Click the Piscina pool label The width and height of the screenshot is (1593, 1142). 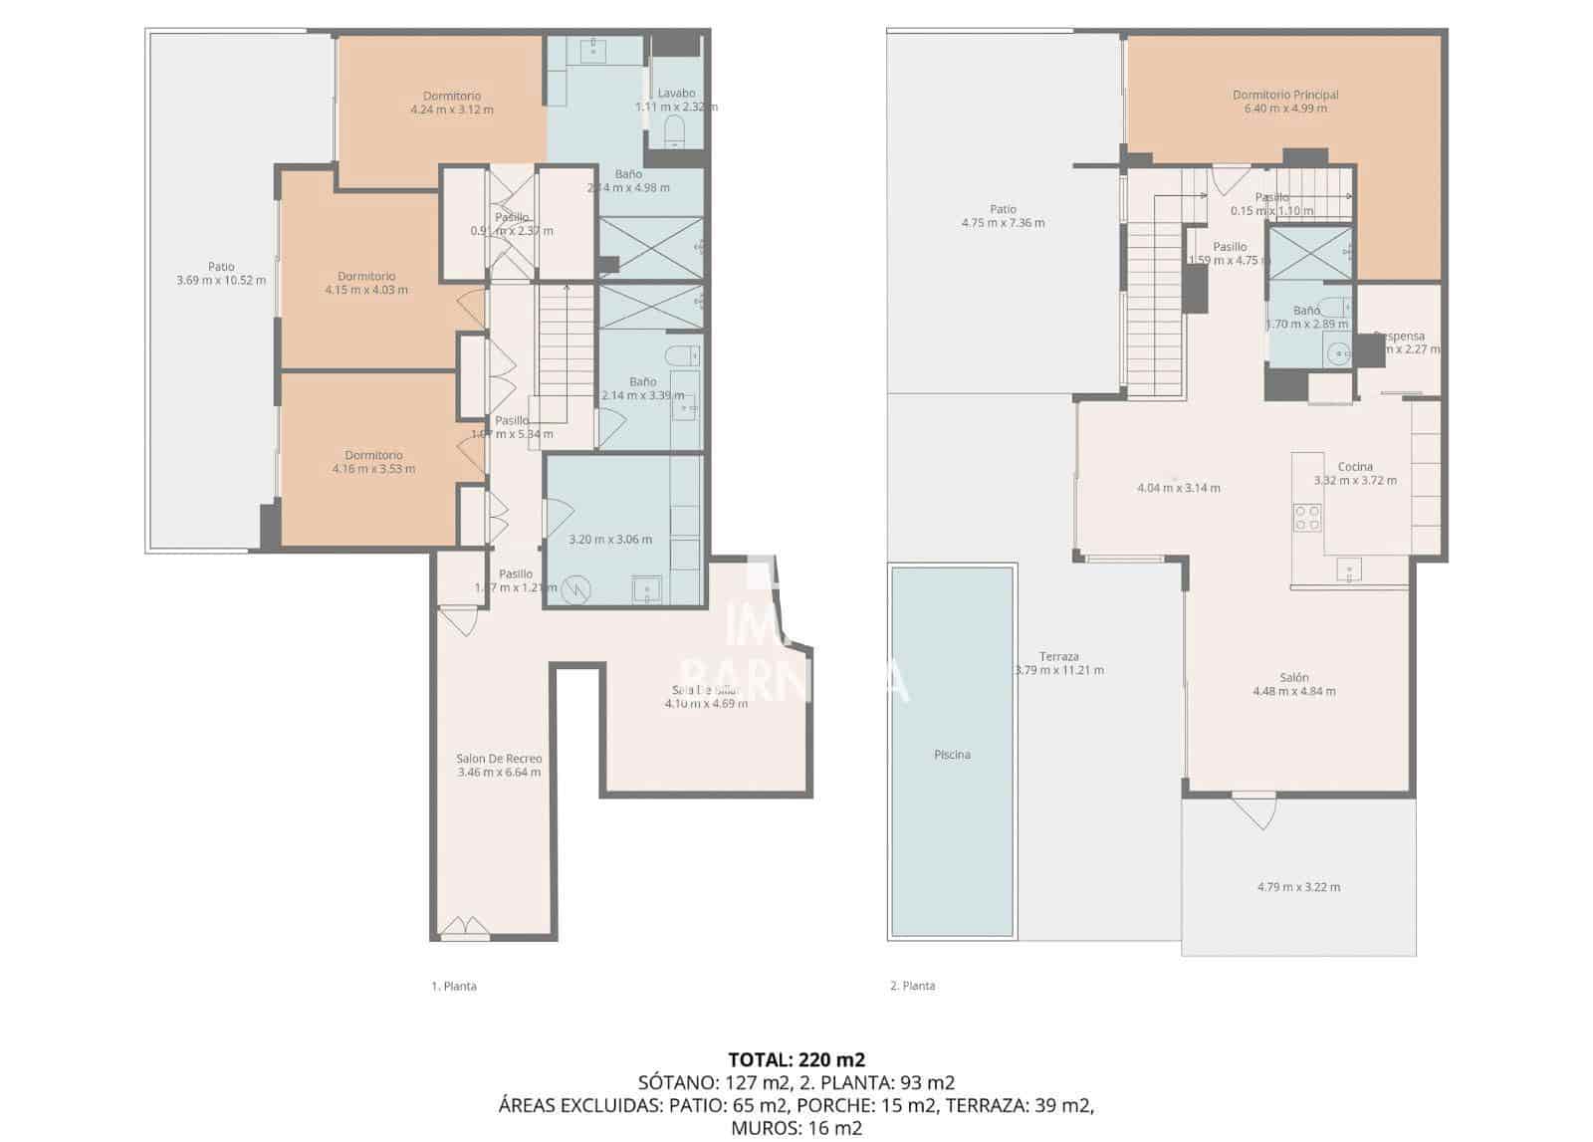[x=952, y=755]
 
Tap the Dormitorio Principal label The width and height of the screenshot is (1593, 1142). [x=1285, y=95]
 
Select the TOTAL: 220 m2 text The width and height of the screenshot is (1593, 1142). [x=796, y=1059]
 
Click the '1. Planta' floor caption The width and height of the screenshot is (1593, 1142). [x=454, y=987]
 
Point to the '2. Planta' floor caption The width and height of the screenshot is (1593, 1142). [x=912, y=986]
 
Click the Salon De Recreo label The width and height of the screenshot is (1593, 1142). [x=499, y=759]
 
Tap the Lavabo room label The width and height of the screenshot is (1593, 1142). [x=676, y=94]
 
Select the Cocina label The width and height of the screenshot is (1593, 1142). [x=1354, y=466]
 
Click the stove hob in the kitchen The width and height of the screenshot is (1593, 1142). [x=1307, y=517]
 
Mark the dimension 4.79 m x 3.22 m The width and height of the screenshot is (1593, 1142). [x=1298, y=887]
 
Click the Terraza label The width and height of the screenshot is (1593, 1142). [x=1058, y=656]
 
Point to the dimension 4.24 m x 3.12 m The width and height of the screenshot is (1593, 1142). [x=452, y=110]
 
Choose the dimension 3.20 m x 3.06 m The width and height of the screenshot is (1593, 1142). [x=610, y=540]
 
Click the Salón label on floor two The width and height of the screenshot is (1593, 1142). [x=1293, y=677]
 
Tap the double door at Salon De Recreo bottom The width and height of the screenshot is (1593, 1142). [x=465, y=930]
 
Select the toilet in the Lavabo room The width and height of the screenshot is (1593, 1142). [x=675, y=129]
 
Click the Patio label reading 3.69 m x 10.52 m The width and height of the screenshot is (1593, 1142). [x=221, y=267]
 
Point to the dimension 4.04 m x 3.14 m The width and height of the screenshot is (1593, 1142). [x=1179, y=488]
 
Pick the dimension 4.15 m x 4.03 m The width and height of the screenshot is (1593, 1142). [x=366, y=290]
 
